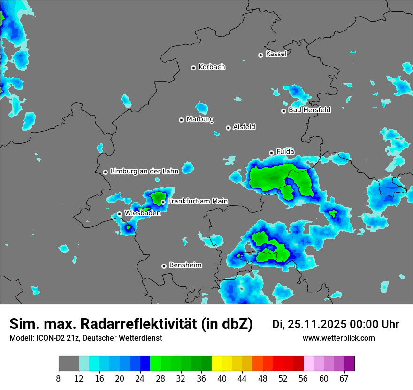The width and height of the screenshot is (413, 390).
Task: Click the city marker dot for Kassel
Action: (x=260, y=55)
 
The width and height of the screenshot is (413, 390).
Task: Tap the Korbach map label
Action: (x=212, y=67)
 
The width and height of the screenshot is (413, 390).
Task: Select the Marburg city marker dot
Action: (x=181, y=120)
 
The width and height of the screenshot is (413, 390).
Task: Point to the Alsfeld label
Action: (x=244, y=127)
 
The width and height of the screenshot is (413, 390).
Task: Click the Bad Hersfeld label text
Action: (x=309, y=110)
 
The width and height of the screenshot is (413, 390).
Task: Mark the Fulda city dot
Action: (x=271, y=153)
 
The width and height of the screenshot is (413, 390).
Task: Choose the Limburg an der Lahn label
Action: (x=144, y=172)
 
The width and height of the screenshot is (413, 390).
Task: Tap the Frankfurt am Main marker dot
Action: (x=163, y=203)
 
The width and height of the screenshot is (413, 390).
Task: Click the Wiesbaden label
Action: (x=143, y=213)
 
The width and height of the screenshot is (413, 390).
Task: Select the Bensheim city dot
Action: (x=164, y=266)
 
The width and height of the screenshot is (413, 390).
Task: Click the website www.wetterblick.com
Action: (x=338, y=338)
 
